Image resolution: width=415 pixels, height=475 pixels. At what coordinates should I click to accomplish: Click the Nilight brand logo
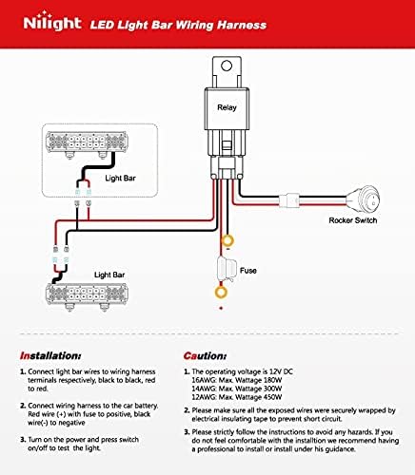52,22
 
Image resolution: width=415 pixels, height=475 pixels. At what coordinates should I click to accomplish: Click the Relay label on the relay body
227,107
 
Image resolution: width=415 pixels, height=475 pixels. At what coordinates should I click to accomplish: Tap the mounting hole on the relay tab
227,66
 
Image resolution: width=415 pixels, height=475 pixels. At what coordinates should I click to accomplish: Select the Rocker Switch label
353,220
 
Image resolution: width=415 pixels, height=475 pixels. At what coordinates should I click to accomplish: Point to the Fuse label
248,271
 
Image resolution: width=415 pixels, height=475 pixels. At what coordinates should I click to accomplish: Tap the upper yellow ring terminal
227,240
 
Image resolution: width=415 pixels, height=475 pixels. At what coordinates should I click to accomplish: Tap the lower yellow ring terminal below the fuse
221,292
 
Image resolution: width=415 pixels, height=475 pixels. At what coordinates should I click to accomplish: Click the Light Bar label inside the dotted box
120,179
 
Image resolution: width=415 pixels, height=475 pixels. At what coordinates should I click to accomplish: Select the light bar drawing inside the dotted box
87,144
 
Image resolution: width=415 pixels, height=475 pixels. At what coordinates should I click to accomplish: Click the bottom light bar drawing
87,297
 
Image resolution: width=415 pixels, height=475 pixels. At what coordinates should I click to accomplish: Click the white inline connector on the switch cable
289,200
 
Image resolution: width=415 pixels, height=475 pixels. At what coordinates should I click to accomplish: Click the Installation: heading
50,356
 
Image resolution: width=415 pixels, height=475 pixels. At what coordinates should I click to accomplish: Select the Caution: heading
205,356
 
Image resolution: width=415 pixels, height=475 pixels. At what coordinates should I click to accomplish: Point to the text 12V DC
281,371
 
